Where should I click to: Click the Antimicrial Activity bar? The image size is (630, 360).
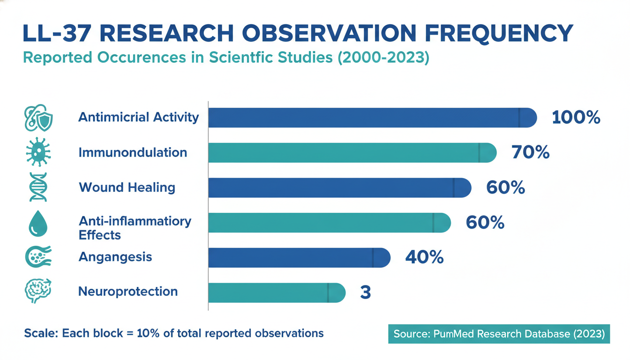tap(373, 118)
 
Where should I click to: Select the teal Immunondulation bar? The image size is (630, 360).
tap(352, 152)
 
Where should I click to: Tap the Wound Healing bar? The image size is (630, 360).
tap(340, 187)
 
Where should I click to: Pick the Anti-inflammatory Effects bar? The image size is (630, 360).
tap(330, 223)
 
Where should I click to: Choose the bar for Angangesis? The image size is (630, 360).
tap(299, 257)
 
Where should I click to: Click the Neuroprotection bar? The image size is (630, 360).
tap(277, 292)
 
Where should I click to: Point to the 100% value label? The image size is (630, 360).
tap(576, 117)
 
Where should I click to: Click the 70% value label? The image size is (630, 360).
tap(531, 152)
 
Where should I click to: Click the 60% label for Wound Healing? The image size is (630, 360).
tap(505, 187)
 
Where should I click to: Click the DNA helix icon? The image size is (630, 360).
tap(38, 187)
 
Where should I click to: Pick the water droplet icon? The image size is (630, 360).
tap(38, 223)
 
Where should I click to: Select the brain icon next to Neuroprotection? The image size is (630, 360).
tap(38, 291)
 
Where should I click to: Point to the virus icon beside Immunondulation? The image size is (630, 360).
tap(38, 152)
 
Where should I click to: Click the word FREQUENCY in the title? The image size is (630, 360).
tap(499, 34)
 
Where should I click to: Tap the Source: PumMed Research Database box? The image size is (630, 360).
tap(499, 334)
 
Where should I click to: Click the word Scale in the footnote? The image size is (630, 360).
tap(41, 333)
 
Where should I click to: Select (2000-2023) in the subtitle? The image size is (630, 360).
tap(383, 58)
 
